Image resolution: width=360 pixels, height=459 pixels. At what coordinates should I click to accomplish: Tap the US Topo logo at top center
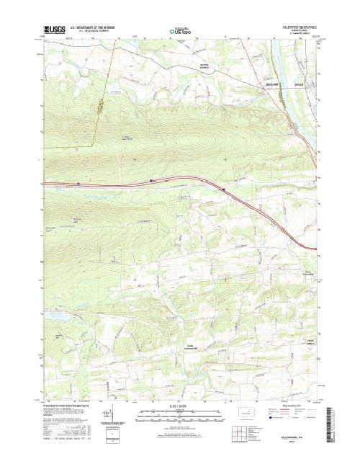[180, 31]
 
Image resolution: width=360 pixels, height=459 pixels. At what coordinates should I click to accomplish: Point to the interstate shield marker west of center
[150, 181]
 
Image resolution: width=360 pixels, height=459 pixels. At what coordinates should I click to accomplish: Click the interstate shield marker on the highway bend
[224, 190]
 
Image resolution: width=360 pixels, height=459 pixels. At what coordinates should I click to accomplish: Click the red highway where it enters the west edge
[42, 184]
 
